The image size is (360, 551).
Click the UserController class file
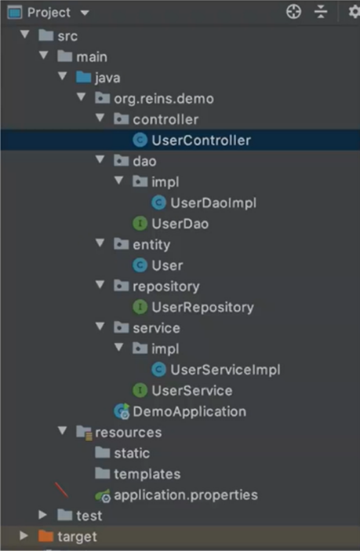click(x=201, y=140)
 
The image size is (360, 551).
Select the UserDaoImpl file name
click(x=213, y=203)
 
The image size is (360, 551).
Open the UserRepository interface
click(x=202, y=307)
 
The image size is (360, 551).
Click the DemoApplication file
click(x=189, y=412)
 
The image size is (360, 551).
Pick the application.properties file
click(x=186, y=495)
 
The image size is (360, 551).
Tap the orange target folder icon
click(x=46, y=536)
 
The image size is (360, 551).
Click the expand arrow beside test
click(x=43, y=515)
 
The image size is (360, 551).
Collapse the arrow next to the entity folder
click(x=100, y=243)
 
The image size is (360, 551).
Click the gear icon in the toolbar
click(x=354, y=12)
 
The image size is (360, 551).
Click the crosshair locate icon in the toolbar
click(x=294, y=12)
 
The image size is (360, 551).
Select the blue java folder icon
click(x=83, y=77)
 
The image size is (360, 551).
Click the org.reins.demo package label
click(x=164, y=99)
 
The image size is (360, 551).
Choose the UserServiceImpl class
click(x=225, y=370)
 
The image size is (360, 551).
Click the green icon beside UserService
click(x=140, y=390)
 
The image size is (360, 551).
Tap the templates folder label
click(x=147, y=474)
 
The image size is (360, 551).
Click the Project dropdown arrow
click(x=85, y=13)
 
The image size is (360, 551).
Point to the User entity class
click(x=167, y=265)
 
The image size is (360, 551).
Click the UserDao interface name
click(x=180, y=224)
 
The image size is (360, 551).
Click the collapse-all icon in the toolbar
click(x=320, y=12)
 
